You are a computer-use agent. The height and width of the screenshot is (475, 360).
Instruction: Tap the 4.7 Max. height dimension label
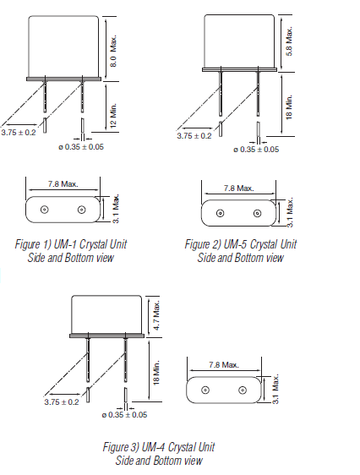pyautogui.click(x=156, y=314)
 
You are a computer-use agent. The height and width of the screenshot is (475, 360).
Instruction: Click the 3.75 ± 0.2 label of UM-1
pyautogui.click(x=19, y=133)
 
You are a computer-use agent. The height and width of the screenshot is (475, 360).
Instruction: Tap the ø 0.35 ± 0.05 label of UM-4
pyautogui.click(x=123, y=414)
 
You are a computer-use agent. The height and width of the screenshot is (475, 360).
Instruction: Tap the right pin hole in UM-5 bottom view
pyautogui.click(x=256, y=213)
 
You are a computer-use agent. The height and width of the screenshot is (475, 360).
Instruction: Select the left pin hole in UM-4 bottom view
pyautogui.click(x=205, y=390)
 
